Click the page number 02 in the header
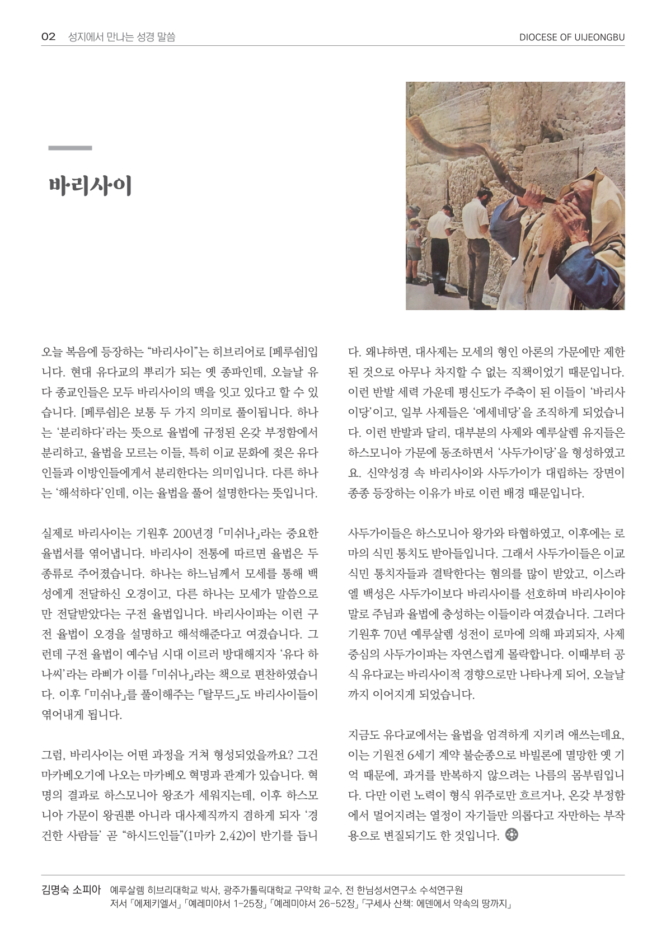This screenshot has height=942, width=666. pos(48,37)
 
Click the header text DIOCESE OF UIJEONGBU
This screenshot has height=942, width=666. pos(571,38)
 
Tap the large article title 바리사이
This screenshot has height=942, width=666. pos(90,186)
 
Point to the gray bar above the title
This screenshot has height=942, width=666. pos(70,148)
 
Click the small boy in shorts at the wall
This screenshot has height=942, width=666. pos(414,241)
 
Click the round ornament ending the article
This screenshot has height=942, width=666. pos(511,835)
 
